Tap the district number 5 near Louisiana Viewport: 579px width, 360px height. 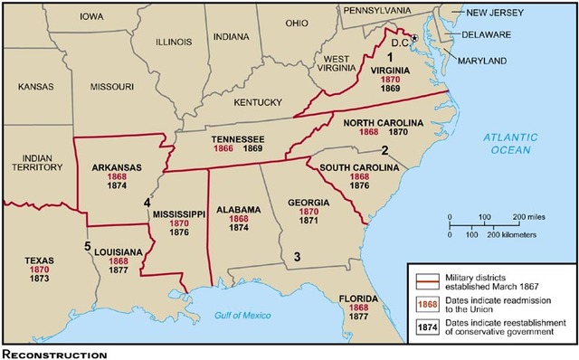tap(87, 246)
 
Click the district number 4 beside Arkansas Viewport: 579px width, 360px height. tap(147, 203)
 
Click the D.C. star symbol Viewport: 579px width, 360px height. tap(415, 38)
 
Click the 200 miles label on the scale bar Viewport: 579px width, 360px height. tap(532, 218)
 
